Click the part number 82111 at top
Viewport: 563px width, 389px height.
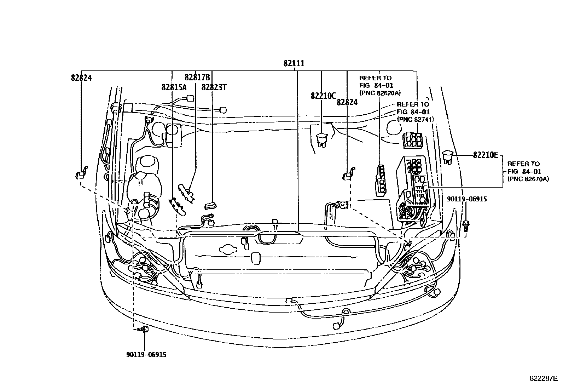point(294,63)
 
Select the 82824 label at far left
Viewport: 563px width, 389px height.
point(81,78)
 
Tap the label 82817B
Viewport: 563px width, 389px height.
point(197,78)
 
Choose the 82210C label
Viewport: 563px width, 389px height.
point(323,96)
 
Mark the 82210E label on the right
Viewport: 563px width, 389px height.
point(485,155)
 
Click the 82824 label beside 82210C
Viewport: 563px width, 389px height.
point(347,102)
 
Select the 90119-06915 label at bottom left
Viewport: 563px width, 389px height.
point(146,354)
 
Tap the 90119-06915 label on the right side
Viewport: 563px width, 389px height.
point(467,199)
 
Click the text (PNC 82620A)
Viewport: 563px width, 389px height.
point(380,93)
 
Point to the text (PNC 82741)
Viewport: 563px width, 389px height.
point(416,120)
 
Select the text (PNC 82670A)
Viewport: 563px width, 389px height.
point(528,179)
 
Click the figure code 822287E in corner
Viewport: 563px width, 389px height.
point(543,378)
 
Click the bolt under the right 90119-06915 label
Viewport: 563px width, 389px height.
point(466,224)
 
